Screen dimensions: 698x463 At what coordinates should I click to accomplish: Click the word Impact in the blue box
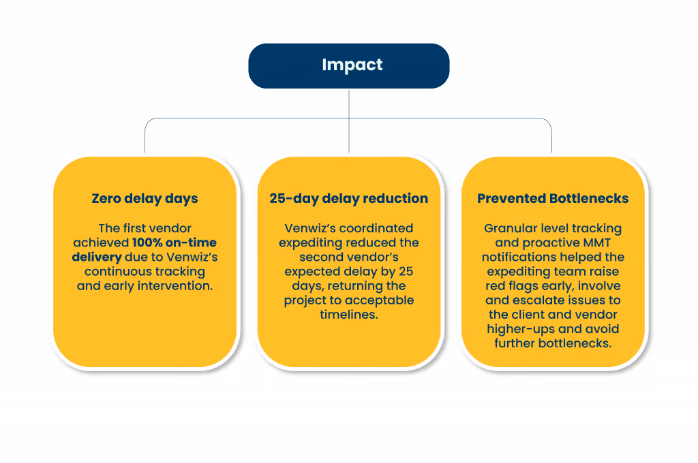(352, 65)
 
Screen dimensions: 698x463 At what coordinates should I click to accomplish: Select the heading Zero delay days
(145, 198)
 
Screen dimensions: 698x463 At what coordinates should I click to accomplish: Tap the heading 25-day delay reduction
(348, 198)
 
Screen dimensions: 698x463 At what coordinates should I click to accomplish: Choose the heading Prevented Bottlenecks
(553, 198)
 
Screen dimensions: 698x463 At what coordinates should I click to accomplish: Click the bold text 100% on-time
(174, 242)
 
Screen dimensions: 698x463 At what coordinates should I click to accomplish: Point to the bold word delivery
(97, 257)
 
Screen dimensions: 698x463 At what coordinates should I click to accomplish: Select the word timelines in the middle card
(348, 315)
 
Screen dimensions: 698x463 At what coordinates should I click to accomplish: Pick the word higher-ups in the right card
(514, 329)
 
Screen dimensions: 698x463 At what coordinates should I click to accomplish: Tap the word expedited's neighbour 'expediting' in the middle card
(307, 243)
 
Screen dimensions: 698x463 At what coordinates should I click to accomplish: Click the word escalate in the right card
(530, 300)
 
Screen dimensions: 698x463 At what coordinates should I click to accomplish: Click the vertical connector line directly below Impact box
(349, 121)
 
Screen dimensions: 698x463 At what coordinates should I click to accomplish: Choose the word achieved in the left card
(101, 242)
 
